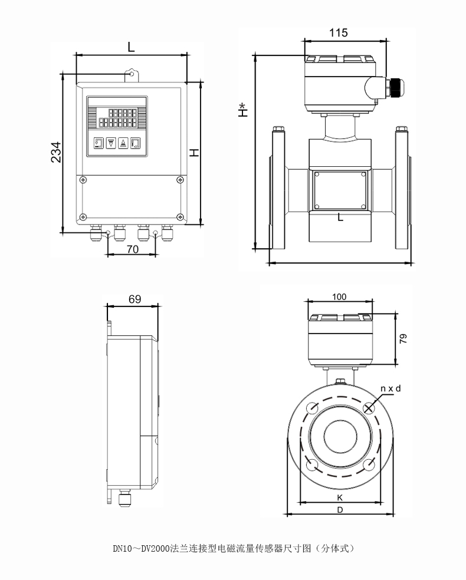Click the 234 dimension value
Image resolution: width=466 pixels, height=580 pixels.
coord(55,153)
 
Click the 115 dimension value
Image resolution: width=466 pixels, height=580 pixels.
coord(338,33)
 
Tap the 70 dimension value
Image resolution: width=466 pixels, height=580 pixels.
coord(132,249)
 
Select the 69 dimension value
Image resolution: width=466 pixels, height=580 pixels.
coord(134,299)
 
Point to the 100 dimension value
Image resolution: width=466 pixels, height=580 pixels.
coord(339,296)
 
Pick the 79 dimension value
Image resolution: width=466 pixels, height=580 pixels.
coord(403,338)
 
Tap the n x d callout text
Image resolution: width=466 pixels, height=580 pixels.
coord(390,389)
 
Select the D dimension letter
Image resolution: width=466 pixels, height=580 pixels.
coord(340,510)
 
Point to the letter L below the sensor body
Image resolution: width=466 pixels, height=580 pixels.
coord(340,218)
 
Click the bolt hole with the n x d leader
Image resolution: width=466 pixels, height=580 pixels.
coord(369,407)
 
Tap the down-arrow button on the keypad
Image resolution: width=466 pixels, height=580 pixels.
coord(110,143)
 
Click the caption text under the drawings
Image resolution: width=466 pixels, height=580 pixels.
coord(233,548)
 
